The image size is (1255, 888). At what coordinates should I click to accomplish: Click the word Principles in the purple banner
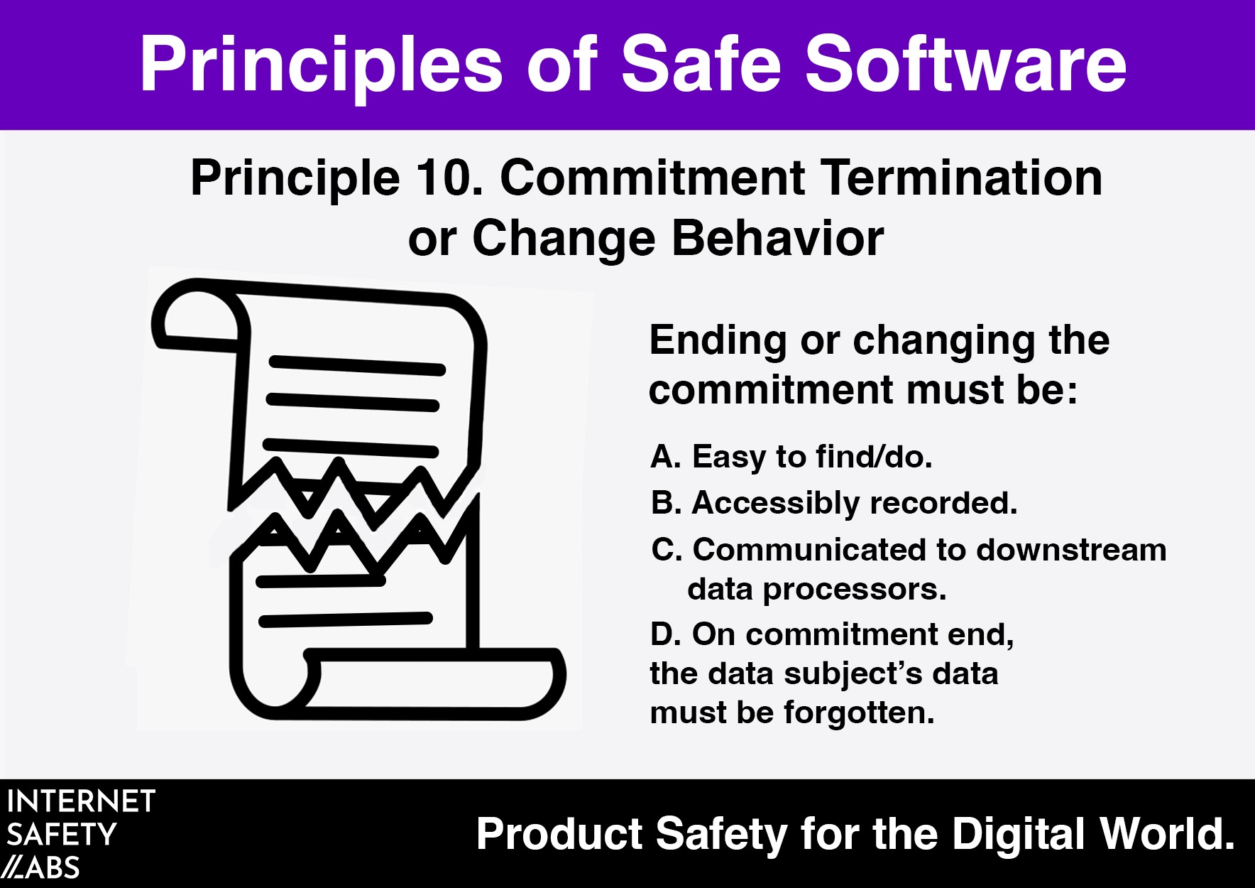coord(321,65)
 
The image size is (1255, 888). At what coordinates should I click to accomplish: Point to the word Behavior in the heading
coord(777,237)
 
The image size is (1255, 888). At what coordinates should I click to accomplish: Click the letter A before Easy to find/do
coord(666,456)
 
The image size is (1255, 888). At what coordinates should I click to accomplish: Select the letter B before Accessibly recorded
coord(667,503)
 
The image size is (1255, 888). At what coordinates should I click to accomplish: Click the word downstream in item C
coord(1071,550)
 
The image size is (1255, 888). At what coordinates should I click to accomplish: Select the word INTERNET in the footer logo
coord(81,801)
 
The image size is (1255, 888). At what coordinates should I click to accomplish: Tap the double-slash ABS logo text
coord(40,868)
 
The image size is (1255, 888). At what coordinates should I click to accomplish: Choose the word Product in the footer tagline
coord(559,834)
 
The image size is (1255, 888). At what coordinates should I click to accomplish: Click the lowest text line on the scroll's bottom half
coord(346,619)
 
